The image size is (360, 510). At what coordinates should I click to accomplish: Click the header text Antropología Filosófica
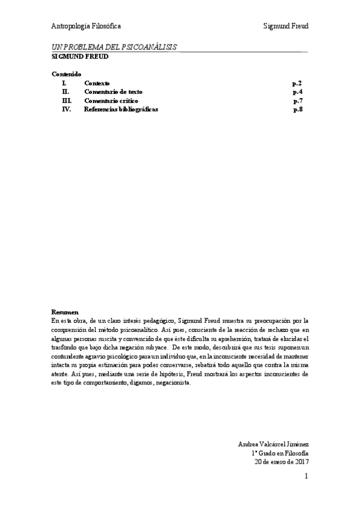pyautogui.click(x=86, y=26)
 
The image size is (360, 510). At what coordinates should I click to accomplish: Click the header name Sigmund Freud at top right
pyautogui.click(x=285, y=26)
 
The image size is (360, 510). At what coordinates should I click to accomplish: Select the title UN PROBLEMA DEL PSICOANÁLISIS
pyautogui.click(x=114, y=48)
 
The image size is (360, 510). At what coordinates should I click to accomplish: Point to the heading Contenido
pyautogui.click(x=66, y=74)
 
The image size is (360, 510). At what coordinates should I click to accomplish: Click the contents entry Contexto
pyautogui.click(x=97, y=82)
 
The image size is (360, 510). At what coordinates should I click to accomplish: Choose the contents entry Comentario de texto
pyautogui.click(x=114, y=91)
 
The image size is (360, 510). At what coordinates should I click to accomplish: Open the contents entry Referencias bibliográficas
pyautogui.click(x=121, y=109)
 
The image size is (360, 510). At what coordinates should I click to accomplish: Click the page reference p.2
pyautogui.click(x=297, y=82)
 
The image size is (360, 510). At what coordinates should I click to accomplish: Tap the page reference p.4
pyautogui.click(x=297, y=91)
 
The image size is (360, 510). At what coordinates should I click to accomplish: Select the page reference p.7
pyautogui.click(x=297, y=100)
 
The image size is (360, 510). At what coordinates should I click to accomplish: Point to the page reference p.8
pyautogui.click(x=297, y=109)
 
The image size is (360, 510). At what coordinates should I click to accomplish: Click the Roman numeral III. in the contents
pyautogui.click(x=67, y=100)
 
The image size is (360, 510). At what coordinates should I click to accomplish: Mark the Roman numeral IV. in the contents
pyautogui.click(x=67, y=109)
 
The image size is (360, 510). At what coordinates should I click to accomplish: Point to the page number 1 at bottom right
pyautogui.click(x=306, y=477)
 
